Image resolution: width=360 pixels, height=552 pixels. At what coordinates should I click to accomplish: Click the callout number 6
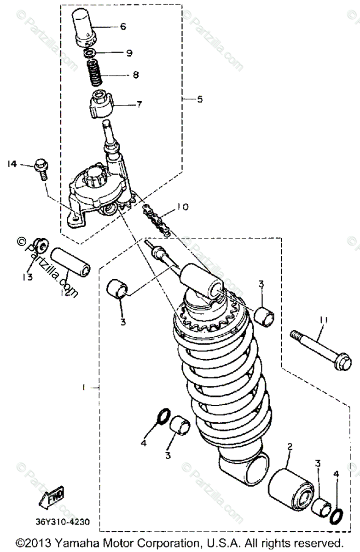click(x=123, y=27)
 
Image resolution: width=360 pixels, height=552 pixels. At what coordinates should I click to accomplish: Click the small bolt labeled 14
click(x=40, y=168)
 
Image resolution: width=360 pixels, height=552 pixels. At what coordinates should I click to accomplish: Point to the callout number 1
click(x=84, y=387)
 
